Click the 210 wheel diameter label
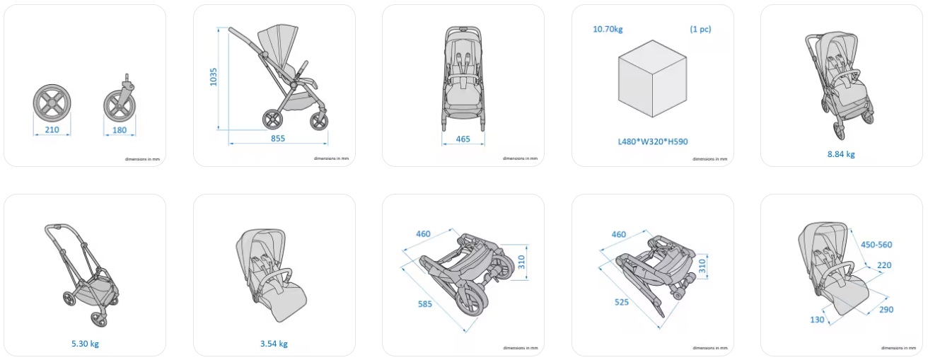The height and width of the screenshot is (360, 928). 52,129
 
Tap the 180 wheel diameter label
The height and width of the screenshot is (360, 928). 120,130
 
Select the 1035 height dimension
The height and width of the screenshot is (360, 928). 214,77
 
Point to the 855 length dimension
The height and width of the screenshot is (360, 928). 278,139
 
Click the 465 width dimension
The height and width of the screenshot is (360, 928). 463,139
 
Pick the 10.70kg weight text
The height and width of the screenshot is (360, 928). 608,30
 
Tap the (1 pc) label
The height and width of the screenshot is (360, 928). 700,29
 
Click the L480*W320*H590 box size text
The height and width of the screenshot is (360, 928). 653,141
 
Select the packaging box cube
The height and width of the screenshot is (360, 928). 652,79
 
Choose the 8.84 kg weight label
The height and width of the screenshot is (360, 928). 841,154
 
